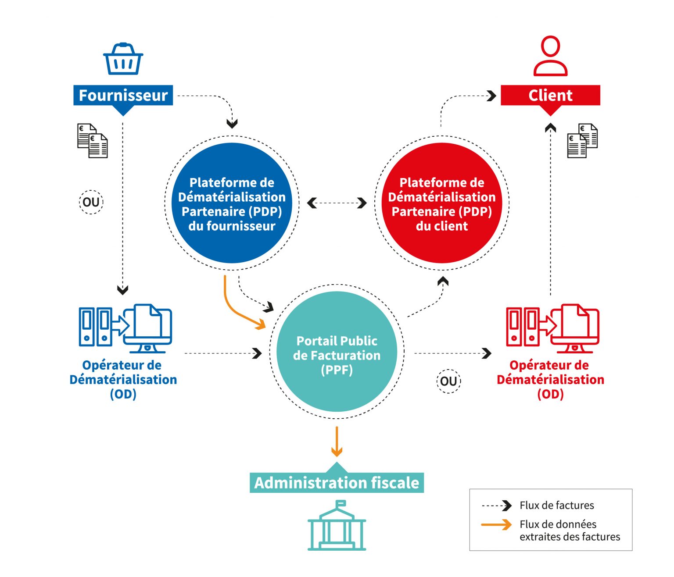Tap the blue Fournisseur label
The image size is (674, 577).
tap(123, 95)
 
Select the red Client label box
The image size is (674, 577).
tap(550, 95)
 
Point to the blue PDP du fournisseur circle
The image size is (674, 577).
tap(232, 203)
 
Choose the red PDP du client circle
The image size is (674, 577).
tap(441, 203)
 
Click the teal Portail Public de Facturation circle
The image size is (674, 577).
tap(337, 352)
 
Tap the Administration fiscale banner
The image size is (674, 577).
tap(337, 482)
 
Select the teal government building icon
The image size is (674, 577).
tap(337, 526)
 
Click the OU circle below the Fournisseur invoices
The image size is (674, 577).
tap(91, 202)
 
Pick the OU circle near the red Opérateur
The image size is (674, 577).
tap(448, 381)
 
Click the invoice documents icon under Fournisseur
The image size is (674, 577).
tap(92, 141)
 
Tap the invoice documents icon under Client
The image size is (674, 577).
tap(582, 141)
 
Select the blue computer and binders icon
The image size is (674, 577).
tap(125, 328)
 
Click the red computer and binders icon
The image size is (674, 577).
tap(552, 328)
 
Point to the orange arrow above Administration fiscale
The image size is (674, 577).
tap(337, 442)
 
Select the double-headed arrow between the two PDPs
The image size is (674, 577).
tap(337, 203)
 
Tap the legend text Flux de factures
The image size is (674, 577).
tap(556, 506)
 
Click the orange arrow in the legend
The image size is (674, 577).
tap(496, 524)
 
